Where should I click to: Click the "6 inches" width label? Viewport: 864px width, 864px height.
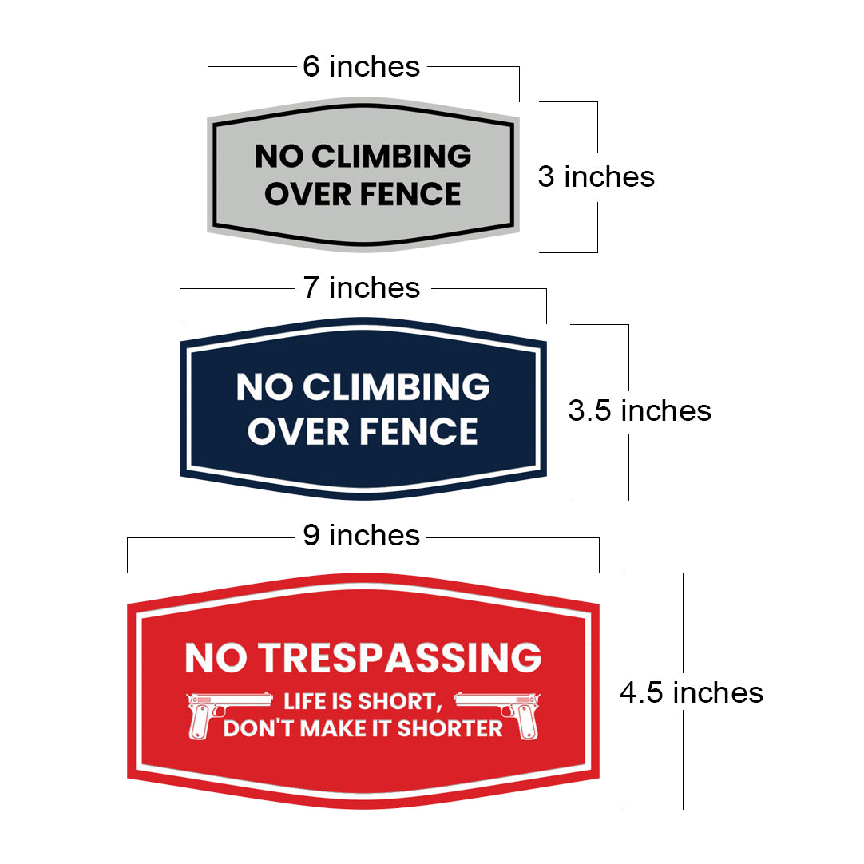[361, 67]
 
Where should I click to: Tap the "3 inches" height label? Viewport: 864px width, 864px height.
[596, 176]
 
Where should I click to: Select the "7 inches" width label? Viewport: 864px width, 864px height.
[361, 288]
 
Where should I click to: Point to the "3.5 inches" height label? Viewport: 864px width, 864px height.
[639, 410]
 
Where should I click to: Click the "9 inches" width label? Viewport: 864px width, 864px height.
[361, 536]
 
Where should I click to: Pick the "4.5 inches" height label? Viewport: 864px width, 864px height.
[691, 692]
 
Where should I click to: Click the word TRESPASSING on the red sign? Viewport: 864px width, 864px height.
[398, 658]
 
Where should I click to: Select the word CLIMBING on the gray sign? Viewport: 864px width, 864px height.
[390, 157]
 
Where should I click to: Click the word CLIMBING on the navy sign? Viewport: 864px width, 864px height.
[396, 387]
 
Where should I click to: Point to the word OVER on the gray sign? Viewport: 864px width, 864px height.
[296, 194]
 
